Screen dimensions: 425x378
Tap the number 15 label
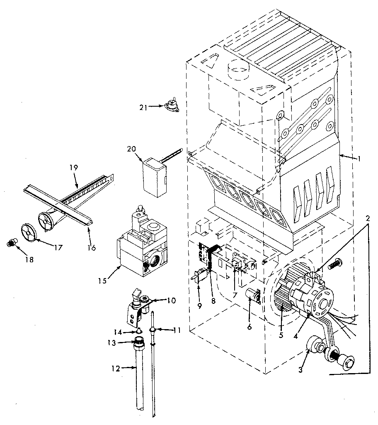pos(103,281)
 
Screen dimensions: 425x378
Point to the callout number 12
pos(116,368)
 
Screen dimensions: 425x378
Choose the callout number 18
pos(18,259)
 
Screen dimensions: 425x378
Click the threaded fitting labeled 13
pos(140,343)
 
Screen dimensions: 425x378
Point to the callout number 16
pos(92,247)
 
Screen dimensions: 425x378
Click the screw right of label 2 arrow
pos(335,262)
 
